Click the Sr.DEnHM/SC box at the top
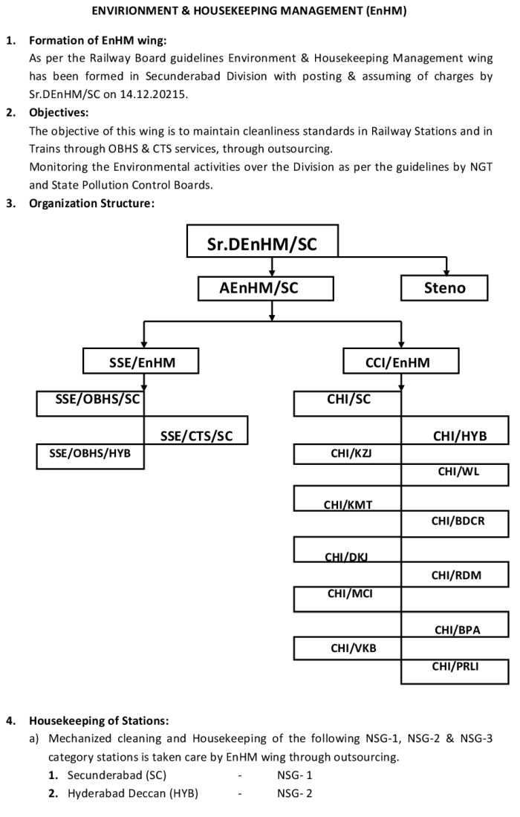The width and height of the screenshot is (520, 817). pos(262,241)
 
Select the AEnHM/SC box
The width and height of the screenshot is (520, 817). pos(266,288)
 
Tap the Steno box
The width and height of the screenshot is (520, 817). pos(444,287)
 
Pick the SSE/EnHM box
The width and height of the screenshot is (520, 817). pos(140,361)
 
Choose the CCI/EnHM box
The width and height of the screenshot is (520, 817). pos(400,361)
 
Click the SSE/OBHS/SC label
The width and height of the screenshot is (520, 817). pos(97,400)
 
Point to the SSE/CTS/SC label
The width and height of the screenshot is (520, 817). pos(196,436)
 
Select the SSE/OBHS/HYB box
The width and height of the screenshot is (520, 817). pos(90,456)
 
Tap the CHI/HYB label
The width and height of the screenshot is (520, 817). pos(460,436)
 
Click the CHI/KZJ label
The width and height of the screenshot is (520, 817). pos(351,453)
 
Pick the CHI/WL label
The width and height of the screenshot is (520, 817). pos(458,472)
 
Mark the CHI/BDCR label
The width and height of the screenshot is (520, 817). pos(458,521)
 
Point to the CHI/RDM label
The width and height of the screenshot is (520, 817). pos(456,576)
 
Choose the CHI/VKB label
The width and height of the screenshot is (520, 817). pos(354,648)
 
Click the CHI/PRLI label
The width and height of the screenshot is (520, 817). pos(455,666)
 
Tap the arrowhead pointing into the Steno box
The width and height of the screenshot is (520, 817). pos(446,272)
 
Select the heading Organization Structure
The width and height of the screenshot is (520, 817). pos(91,204)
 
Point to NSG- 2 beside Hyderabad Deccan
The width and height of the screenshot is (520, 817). pos(295,793)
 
